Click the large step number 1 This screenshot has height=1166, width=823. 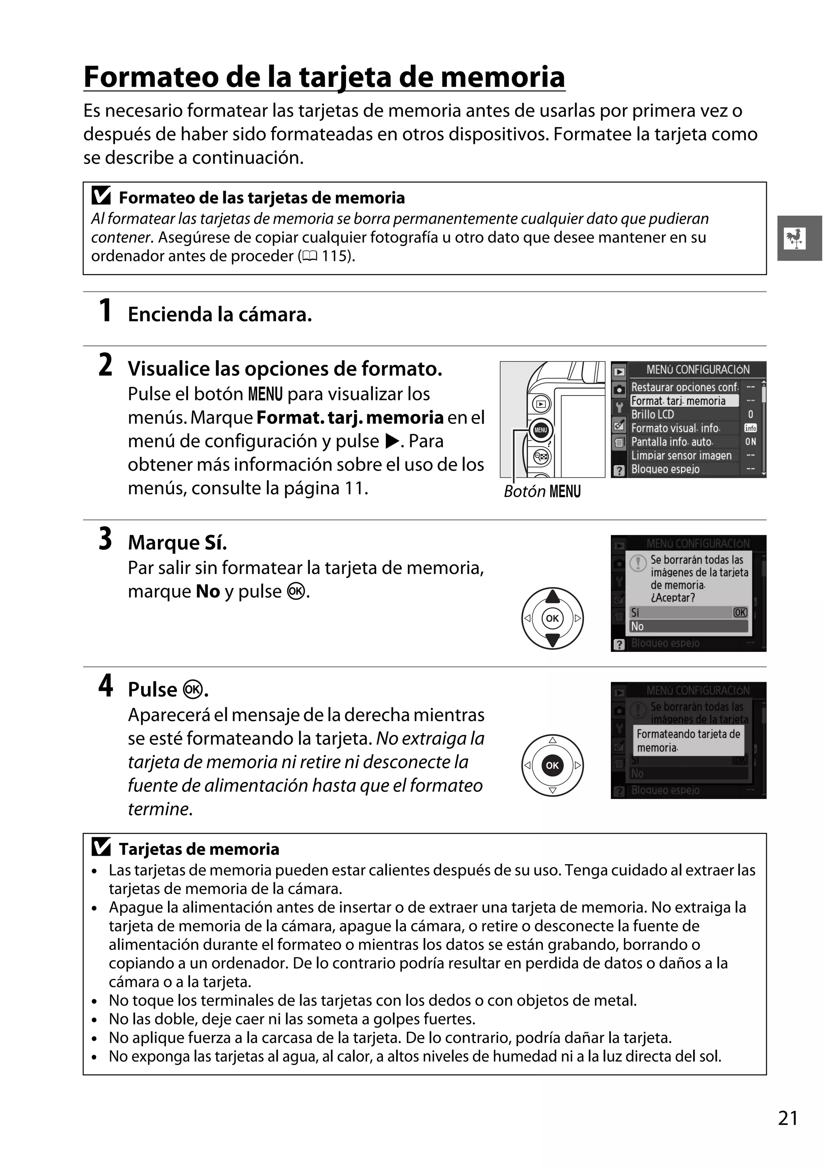(x=105, y=311)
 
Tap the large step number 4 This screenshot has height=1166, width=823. (x=106, y=686)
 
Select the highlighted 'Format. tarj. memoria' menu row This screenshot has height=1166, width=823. (x=684, y=401)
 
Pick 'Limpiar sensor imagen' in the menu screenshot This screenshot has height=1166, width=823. (x=681, y=455)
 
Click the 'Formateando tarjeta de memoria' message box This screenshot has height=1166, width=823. (x=688, y=740)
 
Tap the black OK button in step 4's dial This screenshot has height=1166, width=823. (x=553, y=765)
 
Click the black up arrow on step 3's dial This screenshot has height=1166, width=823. (x=553, y=596)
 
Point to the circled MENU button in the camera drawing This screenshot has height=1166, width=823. (x=540, y=430)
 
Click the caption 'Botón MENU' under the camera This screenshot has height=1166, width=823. (x=542, y=492)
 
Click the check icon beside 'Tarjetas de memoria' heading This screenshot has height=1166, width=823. (x=101, y=848)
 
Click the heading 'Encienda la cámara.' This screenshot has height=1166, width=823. (x=220, y=314)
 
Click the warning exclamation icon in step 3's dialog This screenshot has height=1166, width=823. (x=638, y=563)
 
